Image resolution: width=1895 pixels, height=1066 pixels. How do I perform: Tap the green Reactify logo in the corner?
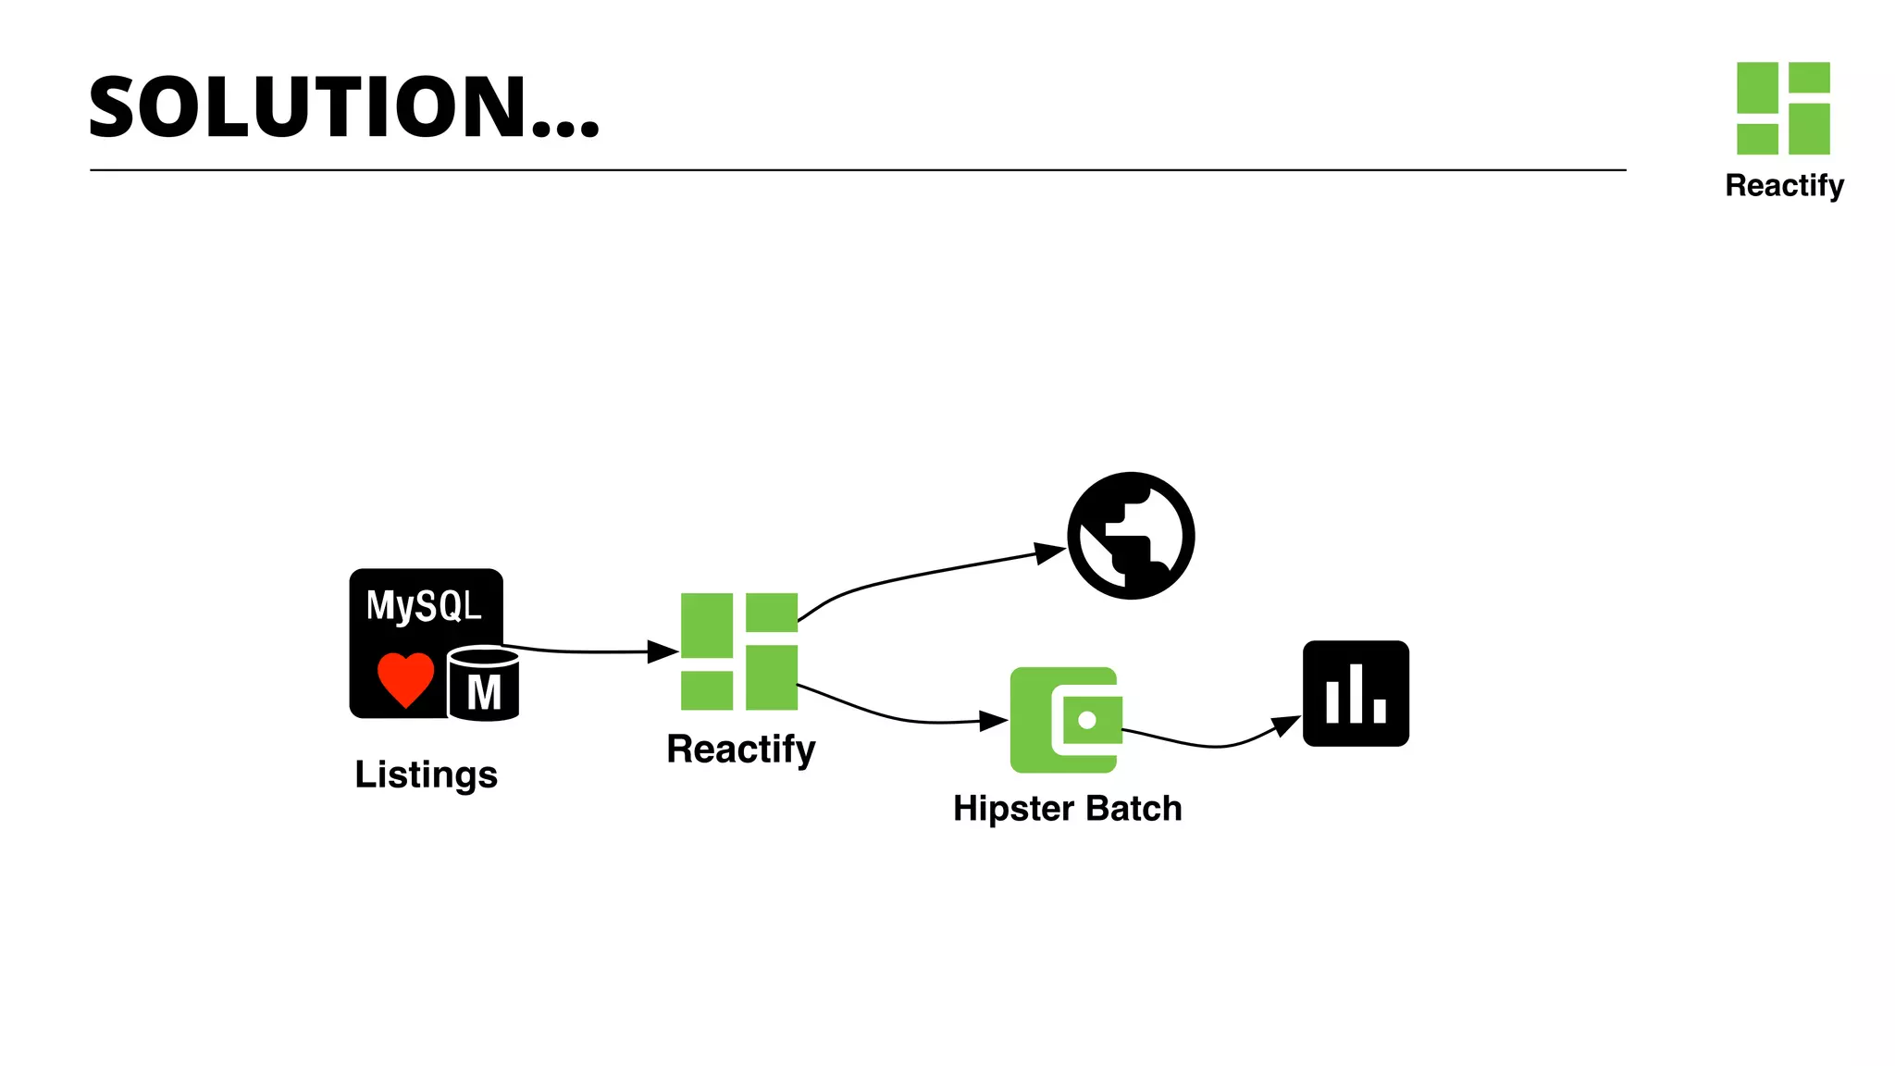tap(1783, 108)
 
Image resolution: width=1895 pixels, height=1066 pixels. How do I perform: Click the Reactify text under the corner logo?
tap(1784, 186)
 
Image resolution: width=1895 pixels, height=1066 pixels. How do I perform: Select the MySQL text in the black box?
tap(424, 606)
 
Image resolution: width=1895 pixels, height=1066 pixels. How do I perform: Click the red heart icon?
tap(405, 678)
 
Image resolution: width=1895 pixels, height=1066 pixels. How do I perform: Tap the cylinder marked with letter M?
tap(483, 685)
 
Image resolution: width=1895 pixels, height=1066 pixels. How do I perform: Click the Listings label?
tap(426, 775)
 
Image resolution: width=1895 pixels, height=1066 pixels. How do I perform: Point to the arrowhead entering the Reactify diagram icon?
tap(663, 651)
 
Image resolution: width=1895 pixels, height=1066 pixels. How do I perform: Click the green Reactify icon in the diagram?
tap(738, 651)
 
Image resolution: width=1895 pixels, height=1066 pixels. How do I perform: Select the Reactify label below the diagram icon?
tap(740, 749)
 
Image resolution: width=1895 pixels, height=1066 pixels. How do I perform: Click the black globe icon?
tap(1131, 536)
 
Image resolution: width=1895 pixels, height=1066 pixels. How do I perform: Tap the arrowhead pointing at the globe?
tap(1050, 553)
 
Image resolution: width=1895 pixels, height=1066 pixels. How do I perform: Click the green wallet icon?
tap(1064, 720)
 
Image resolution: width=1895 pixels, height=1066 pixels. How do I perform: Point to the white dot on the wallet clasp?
tap(1087, 720)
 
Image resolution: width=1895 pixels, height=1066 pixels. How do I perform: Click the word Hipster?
tap(1013, 809)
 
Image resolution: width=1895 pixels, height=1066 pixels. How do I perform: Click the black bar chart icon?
tap(1356, 693)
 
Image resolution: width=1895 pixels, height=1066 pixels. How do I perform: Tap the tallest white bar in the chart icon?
tap(1356, 693)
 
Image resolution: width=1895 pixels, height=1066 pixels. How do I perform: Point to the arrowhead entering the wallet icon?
tap(994, 720)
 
